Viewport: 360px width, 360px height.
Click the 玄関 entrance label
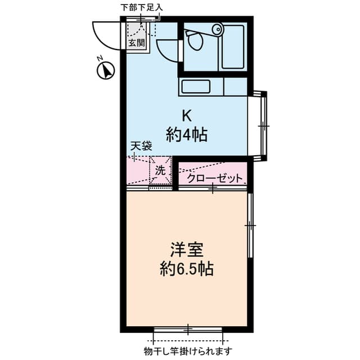pos(137,43)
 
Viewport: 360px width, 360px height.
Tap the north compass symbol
pos(106,71)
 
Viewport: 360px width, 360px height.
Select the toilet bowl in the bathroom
pos(195,39)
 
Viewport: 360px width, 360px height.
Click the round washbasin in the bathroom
pos(217,29)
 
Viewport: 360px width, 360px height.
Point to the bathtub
pos(233,47)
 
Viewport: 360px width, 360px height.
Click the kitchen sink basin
pos(196,87)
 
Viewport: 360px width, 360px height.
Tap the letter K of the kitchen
pos(187,116)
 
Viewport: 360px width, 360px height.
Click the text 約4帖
pos(187,135)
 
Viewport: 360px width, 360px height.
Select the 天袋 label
pos(141,146)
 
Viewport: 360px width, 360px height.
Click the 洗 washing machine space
pos(160,170)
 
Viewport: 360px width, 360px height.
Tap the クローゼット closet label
pos(215,178)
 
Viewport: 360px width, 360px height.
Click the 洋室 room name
pos(187,250)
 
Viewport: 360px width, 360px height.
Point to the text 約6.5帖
pos(187,269)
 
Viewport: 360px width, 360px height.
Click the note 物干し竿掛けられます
pos(188,351)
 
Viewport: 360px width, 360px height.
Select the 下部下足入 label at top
pos(142,8)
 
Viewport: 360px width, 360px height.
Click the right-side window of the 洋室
pos(250,226)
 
